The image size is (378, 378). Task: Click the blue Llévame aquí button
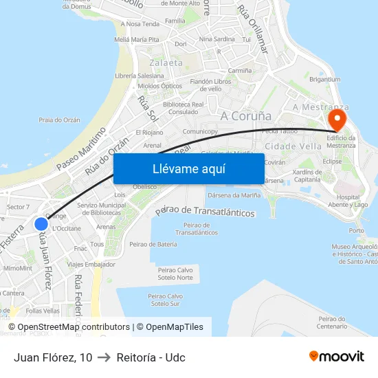click(x=188, y=169)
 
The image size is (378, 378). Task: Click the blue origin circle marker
click(x=41, y=224)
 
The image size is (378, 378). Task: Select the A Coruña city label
click(x=246, y=115)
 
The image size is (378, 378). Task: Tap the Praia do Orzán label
click(x=59, y=120)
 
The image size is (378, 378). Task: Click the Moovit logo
click(x=337, y=357)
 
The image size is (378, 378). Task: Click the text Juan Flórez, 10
click(x=53, y=357)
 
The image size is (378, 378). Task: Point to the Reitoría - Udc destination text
click(x=151, y=357)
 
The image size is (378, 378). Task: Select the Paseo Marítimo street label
click(x=81, y=148)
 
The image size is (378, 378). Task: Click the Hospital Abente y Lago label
click(x=353, y=201)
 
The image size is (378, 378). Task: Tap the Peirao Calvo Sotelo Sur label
click(x=166, y=300)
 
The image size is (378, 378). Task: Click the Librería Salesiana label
click(x=140, y=76)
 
